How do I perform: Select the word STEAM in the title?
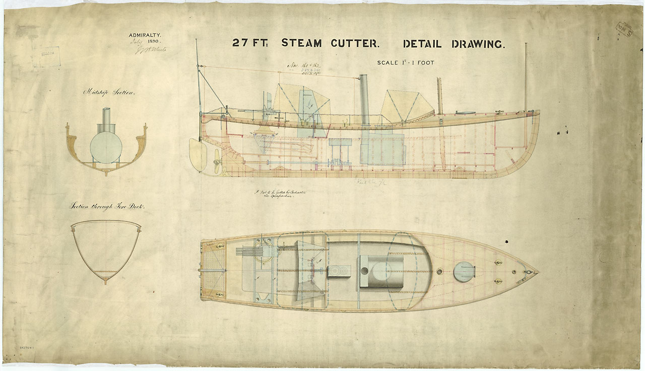tap(301, 43)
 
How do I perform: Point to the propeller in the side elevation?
tap(217, 161)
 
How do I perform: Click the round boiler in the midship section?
tap(106, 147)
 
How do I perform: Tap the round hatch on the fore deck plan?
tap(464, 272)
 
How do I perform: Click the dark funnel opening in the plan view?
tap(364, 271)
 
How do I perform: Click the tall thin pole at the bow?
tap(526, 76)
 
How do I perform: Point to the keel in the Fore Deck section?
tap(105, 279)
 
